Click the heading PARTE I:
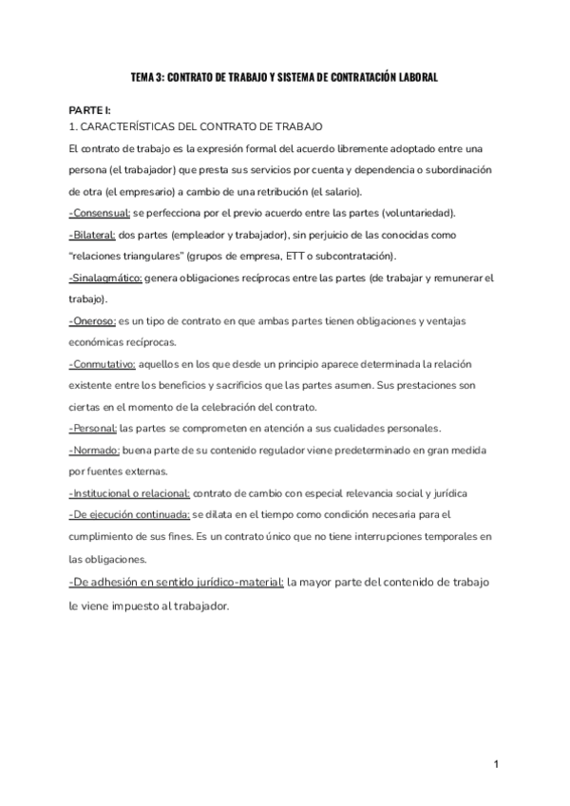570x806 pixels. (89, 110)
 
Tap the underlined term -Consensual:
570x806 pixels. (100, 212)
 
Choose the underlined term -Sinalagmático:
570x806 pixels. (105, 278)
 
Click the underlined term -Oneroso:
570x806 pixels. (91, 321)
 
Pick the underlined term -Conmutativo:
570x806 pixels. (103, 365)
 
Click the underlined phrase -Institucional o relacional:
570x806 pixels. (129, 494)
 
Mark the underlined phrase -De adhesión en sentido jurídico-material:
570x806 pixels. (176, 582)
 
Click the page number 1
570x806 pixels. (497, 765)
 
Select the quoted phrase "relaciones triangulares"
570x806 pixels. (125, 257)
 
